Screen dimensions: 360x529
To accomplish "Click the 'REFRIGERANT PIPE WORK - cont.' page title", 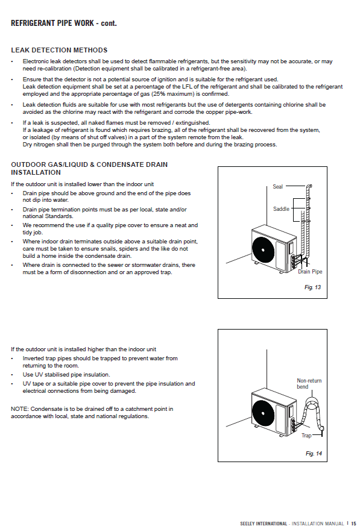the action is coord(64,23).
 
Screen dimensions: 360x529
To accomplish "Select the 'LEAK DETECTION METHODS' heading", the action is coord(59,50).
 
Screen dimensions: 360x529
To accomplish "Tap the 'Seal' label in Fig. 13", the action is coord(277,187).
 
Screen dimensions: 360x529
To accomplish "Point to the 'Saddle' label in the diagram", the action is coord(281,209).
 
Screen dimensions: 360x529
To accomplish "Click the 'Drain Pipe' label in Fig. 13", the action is coord(310,272).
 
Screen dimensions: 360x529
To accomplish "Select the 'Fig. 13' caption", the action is coord(312,287).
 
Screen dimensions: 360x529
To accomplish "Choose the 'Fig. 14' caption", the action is coord(314,454).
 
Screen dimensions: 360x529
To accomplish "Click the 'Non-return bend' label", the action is coord(309,384).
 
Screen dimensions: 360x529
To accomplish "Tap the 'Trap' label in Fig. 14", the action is coord(306,436).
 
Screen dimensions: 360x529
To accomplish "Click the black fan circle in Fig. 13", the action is coord(264,250).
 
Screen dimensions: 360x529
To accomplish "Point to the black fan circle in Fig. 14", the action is coord(264,413).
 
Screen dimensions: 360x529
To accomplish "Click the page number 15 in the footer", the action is coord(353,524).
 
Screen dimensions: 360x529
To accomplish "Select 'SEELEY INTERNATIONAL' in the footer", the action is coord(264,524).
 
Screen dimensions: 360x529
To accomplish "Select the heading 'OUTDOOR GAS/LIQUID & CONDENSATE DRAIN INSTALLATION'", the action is coord(89,168).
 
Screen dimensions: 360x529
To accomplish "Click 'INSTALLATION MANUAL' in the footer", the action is coord(318,524).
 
